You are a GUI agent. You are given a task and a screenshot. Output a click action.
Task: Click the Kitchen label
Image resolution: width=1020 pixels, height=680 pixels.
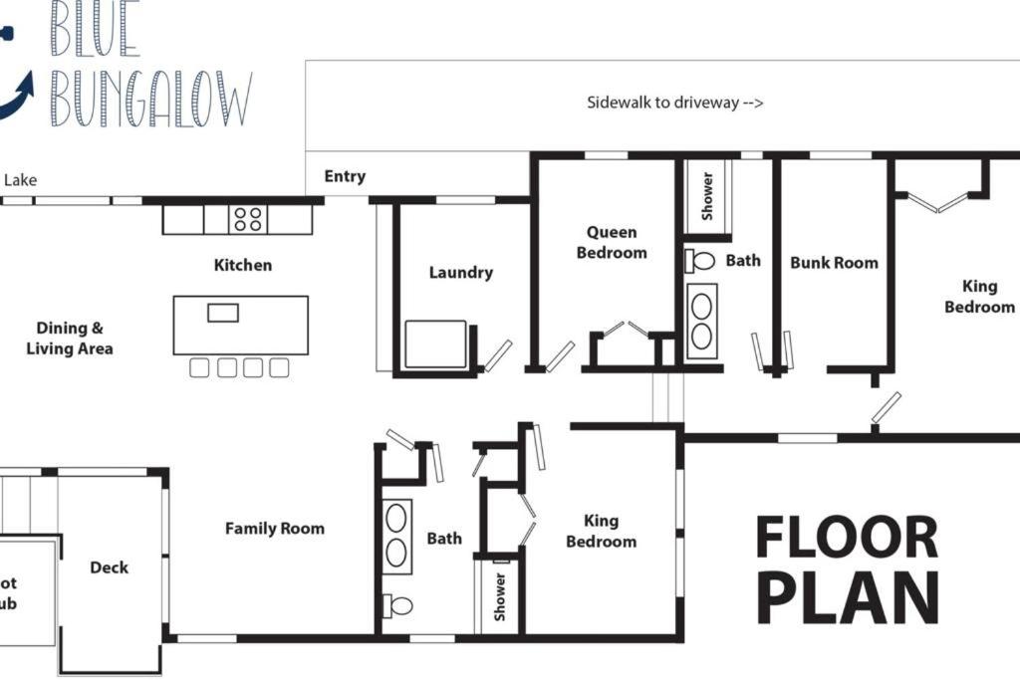[x=243, y=265]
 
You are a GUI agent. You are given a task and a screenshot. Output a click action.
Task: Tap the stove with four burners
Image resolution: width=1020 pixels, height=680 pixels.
[x=248, y=219]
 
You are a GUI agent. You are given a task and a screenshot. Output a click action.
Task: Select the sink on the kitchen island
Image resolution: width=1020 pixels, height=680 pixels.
[x=223, y=313]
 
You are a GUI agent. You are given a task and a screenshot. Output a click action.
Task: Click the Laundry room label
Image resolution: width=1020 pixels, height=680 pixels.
[x=460, y=273]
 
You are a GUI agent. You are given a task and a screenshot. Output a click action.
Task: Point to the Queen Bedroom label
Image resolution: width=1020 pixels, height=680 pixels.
[x=612, y=243]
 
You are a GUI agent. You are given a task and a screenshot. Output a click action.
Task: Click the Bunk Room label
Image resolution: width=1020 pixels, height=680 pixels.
[x=834, y=263]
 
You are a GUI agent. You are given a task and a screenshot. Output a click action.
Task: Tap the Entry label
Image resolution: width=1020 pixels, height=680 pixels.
[x=345, y=176]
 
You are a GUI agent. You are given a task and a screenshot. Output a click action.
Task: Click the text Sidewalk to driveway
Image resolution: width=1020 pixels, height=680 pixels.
[x=674, y=103]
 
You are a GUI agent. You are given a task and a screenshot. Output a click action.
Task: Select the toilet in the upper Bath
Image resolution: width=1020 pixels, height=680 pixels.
[x=699, y=261]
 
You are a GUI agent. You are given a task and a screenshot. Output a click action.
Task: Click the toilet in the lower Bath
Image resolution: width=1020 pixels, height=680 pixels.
[x=397, y=606]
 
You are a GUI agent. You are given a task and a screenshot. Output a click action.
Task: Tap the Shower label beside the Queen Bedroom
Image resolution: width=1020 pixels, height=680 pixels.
[x=707, y=196]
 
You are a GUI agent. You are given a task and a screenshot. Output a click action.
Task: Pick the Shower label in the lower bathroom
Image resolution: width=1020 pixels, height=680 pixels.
[x=500, y=596]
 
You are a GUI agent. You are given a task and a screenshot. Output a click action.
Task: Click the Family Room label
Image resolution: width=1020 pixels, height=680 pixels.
[x=275, y=529]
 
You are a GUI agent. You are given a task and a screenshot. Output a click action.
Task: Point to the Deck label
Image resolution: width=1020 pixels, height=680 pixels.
[x=110, y=567]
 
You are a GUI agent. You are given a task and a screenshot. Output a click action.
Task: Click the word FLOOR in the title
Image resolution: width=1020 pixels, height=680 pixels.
[x=847, y=538]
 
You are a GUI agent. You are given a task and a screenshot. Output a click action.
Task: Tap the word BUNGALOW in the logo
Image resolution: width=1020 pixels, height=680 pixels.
[x=151, y=99]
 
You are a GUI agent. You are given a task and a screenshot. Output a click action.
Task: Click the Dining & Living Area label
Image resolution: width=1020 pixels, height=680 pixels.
[x=70, y=339]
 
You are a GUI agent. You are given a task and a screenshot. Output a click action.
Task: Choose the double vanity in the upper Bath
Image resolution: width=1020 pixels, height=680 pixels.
[x=702, y=321]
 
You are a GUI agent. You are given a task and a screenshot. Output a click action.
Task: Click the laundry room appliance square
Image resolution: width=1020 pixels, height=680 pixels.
[x=435, y=343]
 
